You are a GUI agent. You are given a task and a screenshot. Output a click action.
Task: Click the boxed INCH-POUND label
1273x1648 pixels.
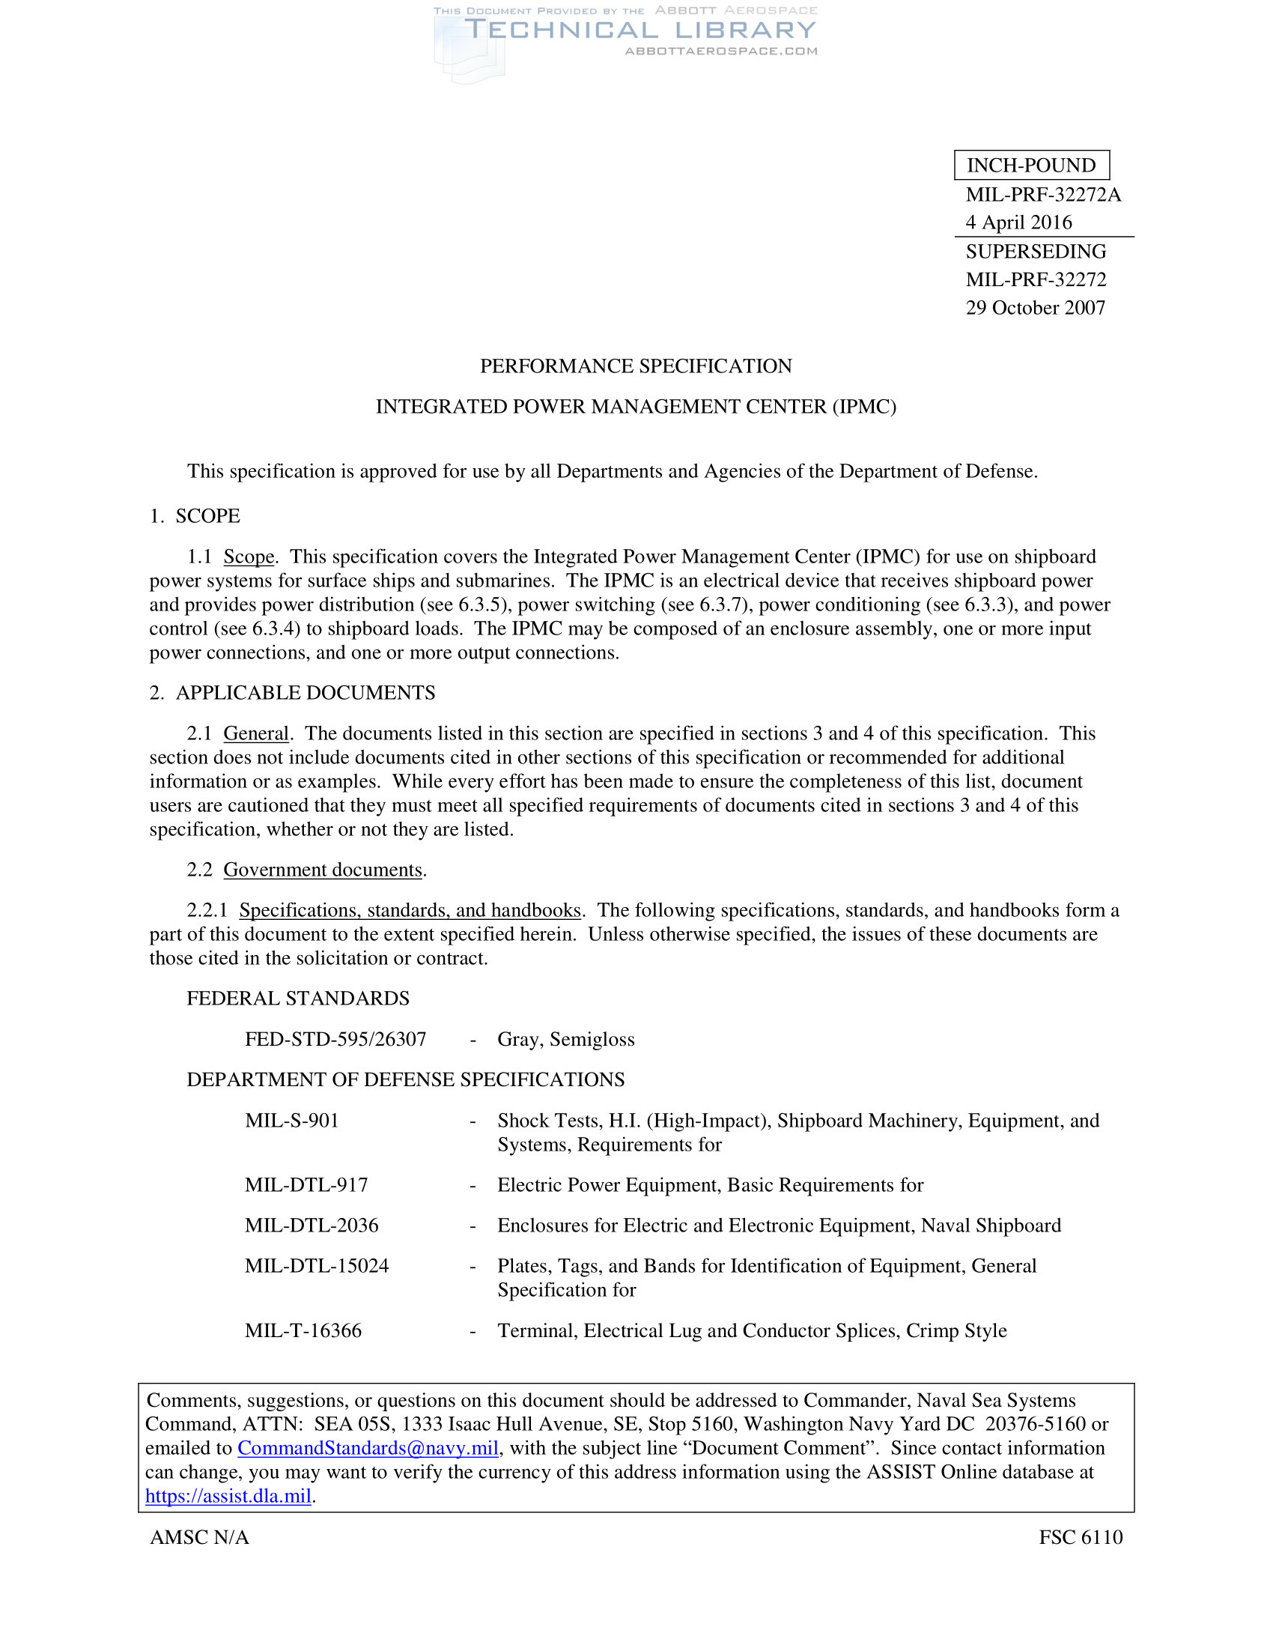click(1031, 166)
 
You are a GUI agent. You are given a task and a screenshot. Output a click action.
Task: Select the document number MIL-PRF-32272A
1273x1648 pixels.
click(1043, 195)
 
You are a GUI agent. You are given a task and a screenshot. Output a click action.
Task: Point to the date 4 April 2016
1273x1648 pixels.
click(1018, 222)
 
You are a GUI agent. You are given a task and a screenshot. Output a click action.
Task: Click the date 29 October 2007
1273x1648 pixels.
click(1035, 308)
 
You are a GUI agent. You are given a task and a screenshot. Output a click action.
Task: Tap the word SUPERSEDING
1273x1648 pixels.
click(1036, 251)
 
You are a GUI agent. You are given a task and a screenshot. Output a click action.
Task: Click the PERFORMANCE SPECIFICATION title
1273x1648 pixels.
click(636, 366)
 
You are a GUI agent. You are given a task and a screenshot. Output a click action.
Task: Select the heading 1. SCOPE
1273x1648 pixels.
click(195, 516)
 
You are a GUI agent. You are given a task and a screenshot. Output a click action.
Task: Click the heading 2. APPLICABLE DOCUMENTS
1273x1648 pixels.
click(292, 693)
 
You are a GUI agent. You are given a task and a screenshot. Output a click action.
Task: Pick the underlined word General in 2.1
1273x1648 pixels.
click(255, 733)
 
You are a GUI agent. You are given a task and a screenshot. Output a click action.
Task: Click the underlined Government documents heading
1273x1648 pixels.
click(323, 870)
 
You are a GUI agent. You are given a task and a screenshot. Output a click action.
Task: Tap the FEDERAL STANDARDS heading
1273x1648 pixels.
click(298, 999)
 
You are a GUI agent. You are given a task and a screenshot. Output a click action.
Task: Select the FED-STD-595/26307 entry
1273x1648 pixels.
click(335, 1040)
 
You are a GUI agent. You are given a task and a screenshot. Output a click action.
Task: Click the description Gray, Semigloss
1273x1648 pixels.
click(565, 1040)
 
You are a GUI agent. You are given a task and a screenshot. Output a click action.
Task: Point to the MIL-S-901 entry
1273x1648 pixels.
click(292, 1121)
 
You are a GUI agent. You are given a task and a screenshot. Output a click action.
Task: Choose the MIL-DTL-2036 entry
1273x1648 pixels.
click(312, 1226)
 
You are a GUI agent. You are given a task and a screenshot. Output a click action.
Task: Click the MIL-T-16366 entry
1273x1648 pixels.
click(303, 1330)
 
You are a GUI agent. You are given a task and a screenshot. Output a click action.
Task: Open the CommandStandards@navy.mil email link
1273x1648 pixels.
click(368, 1448)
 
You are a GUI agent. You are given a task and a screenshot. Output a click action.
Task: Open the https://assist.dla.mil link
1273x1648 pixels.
click(228, 1497)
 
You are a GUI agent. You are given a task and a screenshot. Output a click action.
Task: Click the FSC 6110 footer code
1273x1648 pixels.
click(1080, 1537)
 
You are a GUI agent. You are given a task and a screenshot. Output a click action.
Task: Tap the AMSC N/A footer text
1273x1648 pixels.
click(199, 1537)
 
